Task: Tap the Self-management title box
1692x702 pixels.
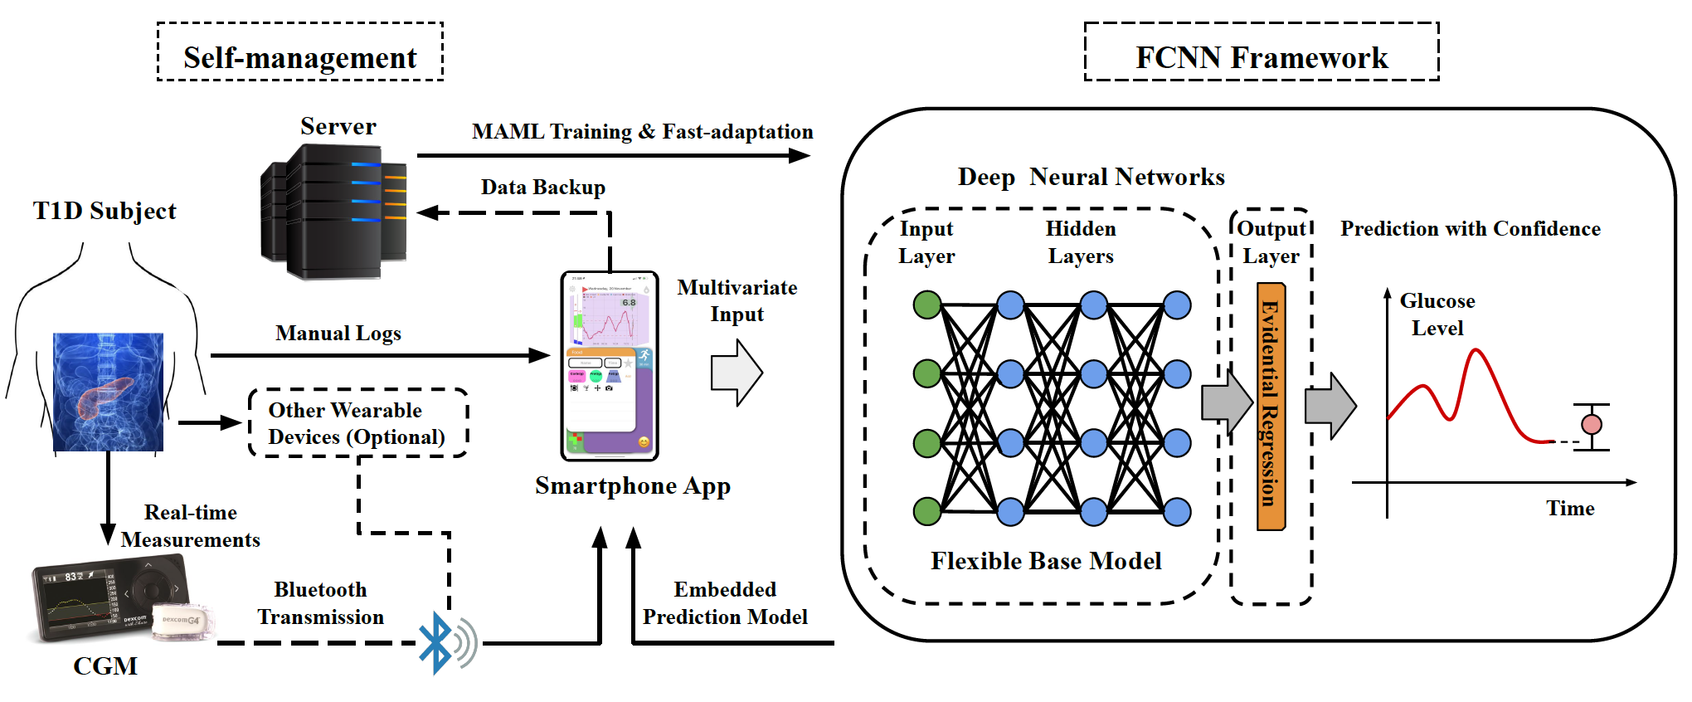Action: (x=300, y=52)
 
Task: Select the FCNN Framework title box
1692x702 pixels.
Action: (x=1261, y=52)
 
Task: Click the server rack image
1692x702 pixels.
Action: (x=334, y=212)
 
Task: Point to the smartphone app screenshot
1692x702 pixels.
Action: (x=610, y=366)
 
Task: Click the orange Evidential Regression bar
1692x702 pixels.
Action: (x=1271, y=406)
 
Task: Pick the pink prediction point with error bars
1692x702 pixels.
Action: (x=1592, y=425)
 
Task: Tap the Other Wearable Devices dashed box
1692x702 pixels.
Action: (x=357, y=423)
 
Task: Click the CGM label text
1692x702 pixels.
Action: (x=105, y=665)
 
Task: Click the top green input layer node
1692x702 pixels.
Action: (x=927, y=305)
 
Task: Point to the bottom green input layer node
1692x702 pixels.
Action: (x=927, y=511)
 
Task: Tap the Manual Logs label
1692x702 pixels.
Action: (x=338, y=334)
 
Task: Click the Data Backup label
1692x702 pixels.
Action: (x=543, y=188)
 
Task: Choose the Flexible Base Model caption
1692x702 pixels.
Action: (x=1046, y=561)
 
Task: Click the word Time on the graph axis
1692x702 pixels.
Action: (x=1570, y=509)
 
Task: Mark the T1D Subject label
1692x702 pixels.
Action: (x=105, y=211)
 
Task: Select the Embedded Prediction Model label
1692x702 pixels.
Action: (x=725, y=603)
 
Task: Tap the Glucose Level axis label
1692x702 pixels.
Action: (x=1437, y=314)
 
